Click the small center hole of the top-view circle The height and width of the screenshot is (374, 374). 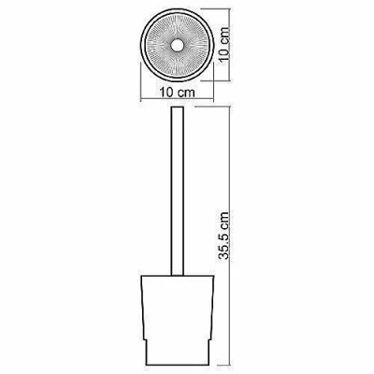point(177,46)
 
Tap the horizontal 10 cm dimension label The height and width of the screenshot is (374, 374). point(177,93)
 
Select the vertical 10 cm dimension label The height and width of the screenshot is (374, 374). point(224,46)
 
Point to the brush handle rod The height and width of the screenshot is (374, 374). point(178,192)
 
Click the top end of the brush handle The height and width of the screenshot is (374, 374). point(178,108)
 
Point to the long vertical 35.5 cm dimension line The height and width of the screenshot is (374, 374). point(230,235)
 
